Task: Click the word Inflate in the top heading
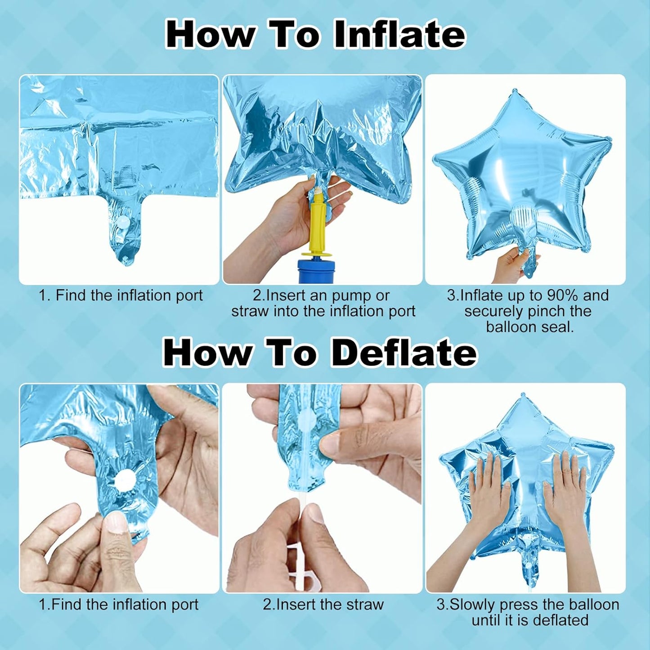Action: pyautogui.click(x=400, y=35)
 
